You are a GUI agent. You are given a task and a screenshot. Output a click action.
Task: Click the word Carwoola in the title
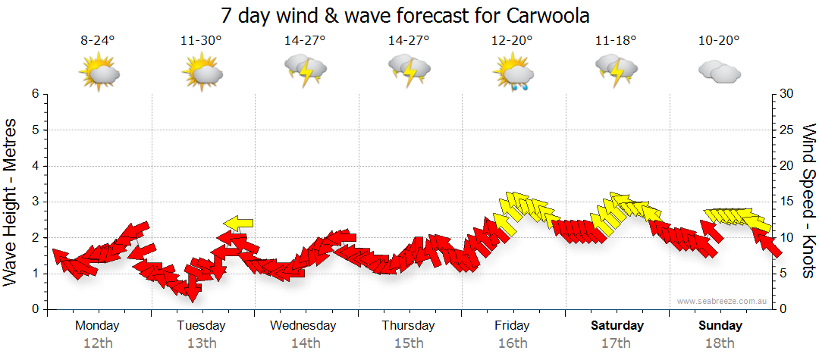(x=544, y=15)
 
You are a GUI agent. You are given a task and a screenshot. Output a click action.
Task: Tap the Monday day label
(x=97, y=325)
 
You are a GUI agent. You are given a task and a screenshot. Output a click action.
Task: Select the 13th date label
(x=201, y=343)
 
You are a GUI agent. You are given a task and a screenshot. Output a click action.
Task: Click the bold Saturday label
(x=617, y=325)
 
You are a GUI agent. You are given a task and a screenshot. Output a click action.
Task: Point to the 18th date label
(x=720, y=343)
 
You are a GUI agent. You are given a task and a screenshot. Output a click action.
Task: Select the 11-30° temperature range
(x=201, y=42)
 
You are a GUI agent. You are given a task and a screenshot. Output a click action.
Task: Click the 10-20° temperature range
(x=719, y=42)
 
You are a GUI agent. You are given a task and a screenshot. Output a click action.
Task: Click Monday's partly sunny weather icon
(x=99, y=73)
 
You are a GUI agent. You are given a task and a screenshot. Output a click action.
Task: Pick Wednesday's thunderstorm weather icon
(x=305, y=71)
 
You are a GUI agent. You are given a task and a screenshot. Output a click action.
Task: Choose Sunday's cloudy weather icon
(x=719, y=72)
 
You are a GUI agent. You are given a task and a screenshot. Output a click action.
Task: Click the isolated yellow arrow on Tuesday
(x=238, y=223)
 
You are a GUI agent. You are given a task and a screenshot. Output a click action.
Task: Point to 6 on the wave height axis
(x=35, y=94)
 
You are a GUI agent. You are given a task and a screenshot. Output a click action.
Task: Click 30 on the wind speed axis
(x=787, y=94)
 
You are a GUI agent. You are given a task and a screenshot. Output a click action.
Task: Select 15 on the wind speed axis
(x=787, y=202)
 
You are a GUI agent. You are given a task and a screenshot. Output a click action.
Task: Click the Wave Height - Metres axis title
(x=11, y=201)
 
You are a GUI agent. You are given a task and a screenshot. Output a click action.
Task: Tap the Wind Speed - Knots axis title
(x=808, y=201)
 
